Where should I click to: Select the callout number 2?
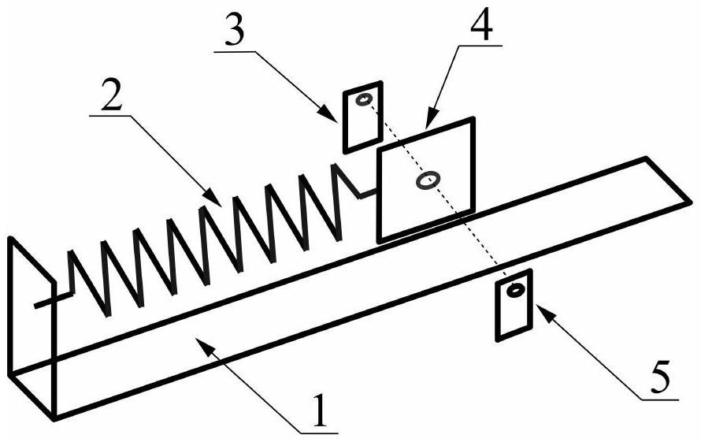coord(112,95)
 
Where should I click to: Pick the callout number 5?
coord(660,378)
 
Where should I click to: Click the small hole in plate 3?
coord(363,100)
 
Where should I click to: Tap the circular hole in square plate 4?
coord(428,180)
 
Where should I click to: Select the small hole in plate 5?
coord(515,291)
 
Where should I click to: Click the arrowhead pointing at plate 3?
coord(330,115)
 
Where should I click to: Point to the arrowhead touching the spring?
coord(213,199)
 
